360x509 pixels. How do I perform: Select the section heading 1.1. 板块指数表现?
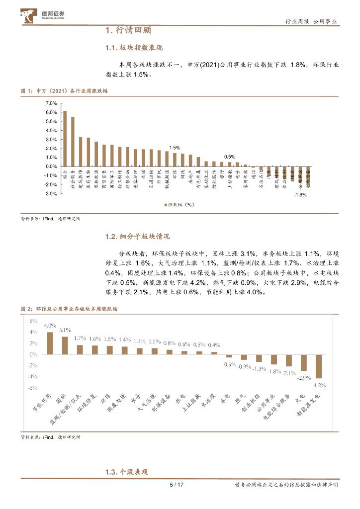tap(134, 48)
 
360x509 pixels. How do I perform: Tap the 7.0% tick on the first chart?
tap(51, 103)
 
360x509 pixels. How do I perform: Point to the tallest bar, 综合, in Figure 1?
tap(65, 139)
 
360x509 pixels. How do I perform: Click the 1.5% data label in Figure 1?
tap(175, 148)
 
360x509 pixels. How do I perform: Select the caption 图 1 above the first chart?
tap(65, 91)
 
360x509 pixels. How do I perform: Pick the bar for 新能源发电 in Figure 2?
tap(318, 366)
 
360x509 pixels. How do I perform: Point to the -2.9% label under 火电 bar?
tap(303, 378)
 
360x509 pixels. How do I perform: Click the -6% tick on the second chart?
tap(34, 388)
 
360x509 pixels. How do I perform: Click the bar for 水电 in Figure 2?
tap(229, 356)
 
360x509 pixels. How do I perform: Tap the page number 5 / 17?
tap(177, 485)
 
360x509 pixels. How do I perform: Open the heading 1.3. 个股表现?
tap(127, 472)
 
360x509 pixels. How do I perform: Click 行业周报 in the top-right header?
tap(298, 22)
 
